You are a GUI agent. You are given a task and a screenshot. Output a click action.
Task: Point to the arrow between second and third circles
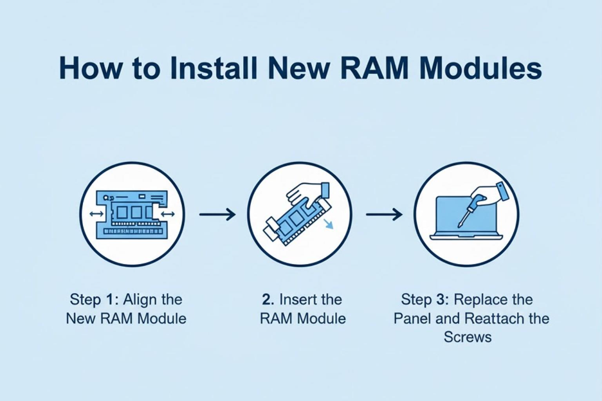click(x=384, y=214)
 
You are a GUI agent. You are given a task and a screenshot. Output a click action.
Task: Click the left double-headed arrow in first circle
click(x=96, y=213)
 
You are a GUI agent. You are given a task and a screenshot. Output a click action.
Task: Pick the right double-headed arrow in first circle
click(x=168, y=213)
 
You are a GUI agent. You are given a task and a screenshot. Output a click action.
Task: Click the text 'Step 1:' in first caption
click(x=94, y=299)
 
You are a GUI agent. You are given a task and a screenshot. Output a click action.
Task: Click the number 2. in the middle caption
click(x=268, y=299)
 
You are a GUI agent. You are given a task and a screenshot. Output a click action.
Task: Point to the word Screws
click(x=468, y=337)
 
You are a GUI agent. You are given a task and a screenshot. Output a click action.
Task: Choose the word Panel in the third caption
click(x=414, y=318)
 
